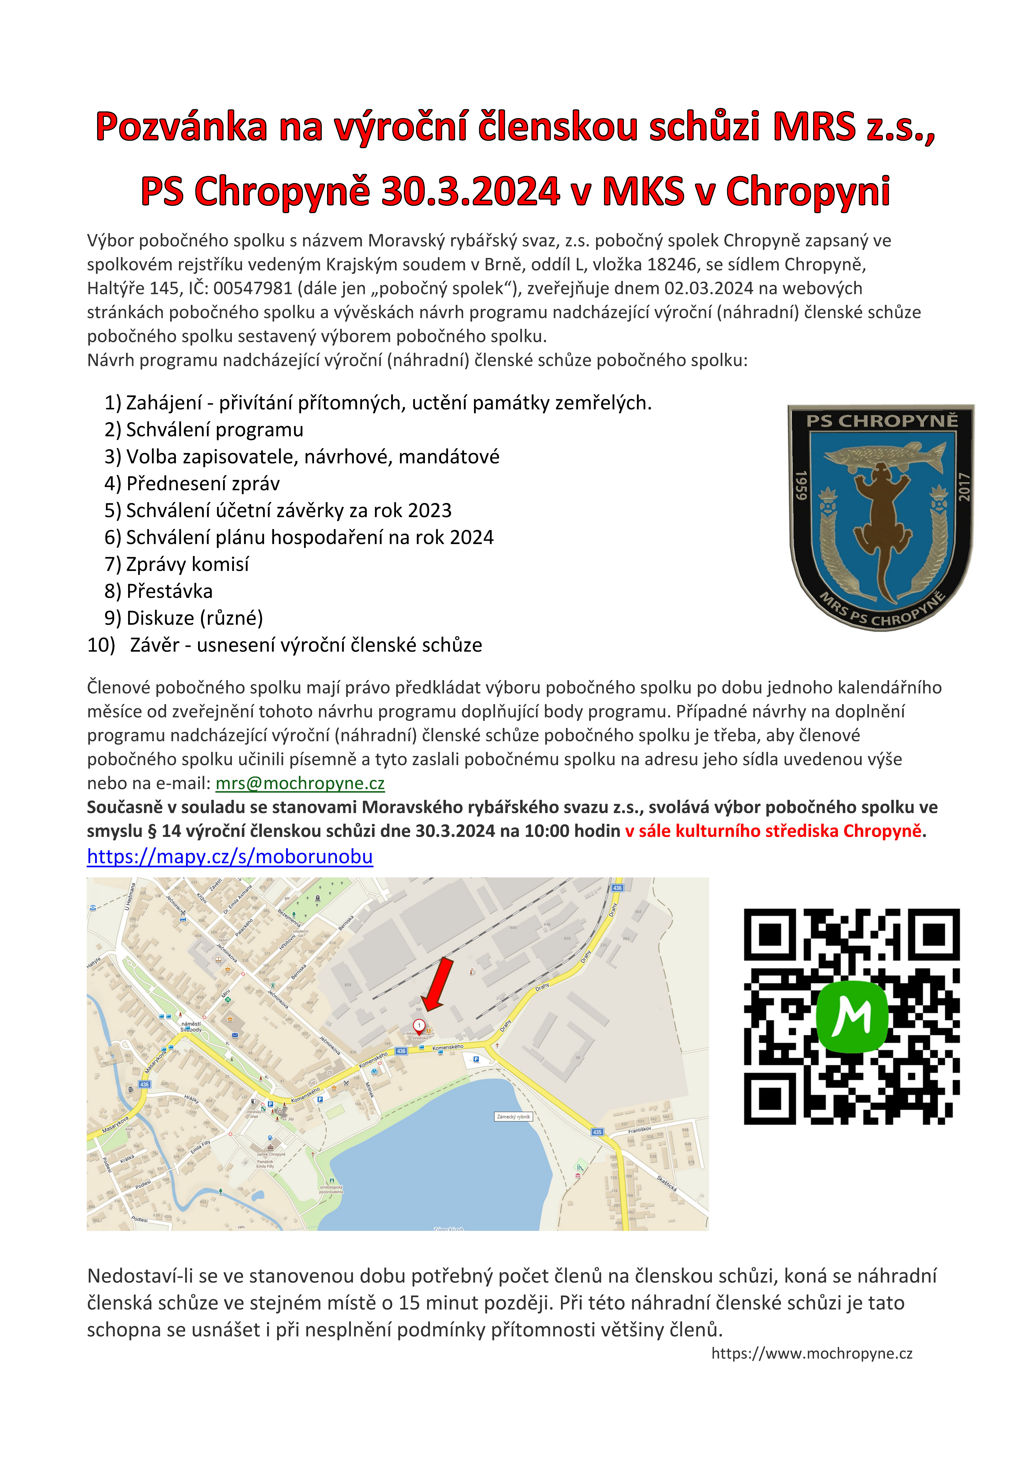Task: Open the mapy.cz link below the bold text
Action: tap(230, 857)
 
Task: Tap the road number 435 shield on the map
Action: tap(597, 1132)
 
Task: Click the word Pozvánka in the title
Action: tap(181, 126)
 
